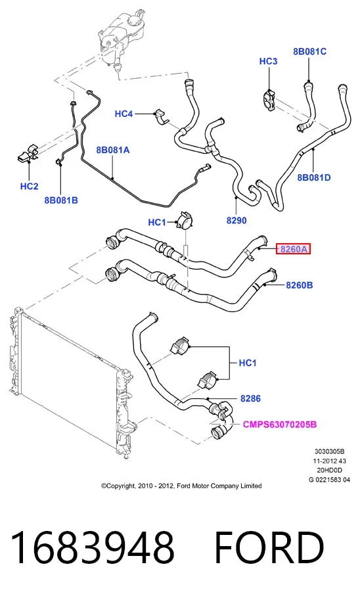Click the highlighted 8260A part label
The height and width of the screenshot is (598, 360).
point(293,250)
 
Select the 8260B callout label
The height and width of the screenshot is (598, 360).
point(300,285)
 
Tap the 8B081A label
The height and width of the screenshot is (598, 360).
point(113,150)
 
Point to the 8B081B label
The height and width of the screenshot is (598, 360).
point(61,200)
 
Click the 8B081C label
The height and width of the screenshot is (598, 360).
point(309,51)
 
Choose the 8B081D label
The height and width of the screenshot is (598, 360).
point(314,177)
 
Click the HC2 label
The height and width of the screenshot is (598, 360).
point(30,186)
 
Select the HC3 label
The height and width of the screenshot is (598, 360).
point(268,61)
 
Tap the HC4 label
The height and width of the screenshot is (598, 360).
point(124,114)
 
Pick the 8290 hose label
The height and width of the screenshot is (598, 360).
point(236,220)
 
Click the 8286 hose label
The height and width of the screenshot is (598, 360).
point(250,398)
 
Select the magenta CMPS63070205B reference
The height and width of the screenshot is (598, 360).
point(280,425)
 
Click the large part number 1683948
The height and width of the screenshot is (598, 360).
point(93,547)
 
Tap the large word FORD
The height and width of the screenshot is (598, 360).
point(269,547)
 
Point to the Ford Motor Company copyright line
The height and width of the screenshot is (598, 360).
point(181,486)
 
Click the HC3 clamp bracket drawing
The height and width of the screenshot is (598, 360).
point(269,100)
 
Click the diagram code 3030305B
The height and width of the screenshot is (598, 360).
point(330,452)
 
